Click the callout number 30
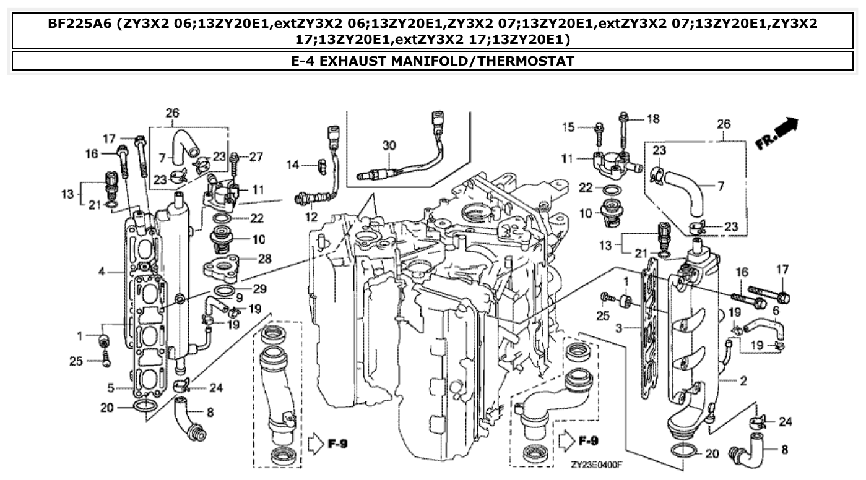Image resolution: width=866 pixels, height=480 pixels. tap(389, 146)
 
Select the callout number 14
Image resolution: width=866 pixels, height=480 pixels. tap(292, 165)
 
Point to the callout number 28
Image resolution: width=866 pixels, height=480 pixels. tap(264, 259)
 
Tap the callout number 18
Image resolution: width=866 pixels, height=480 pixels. tap(653, 118)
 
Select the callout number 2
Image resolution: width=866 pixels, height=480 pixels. tap(743, 380)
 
